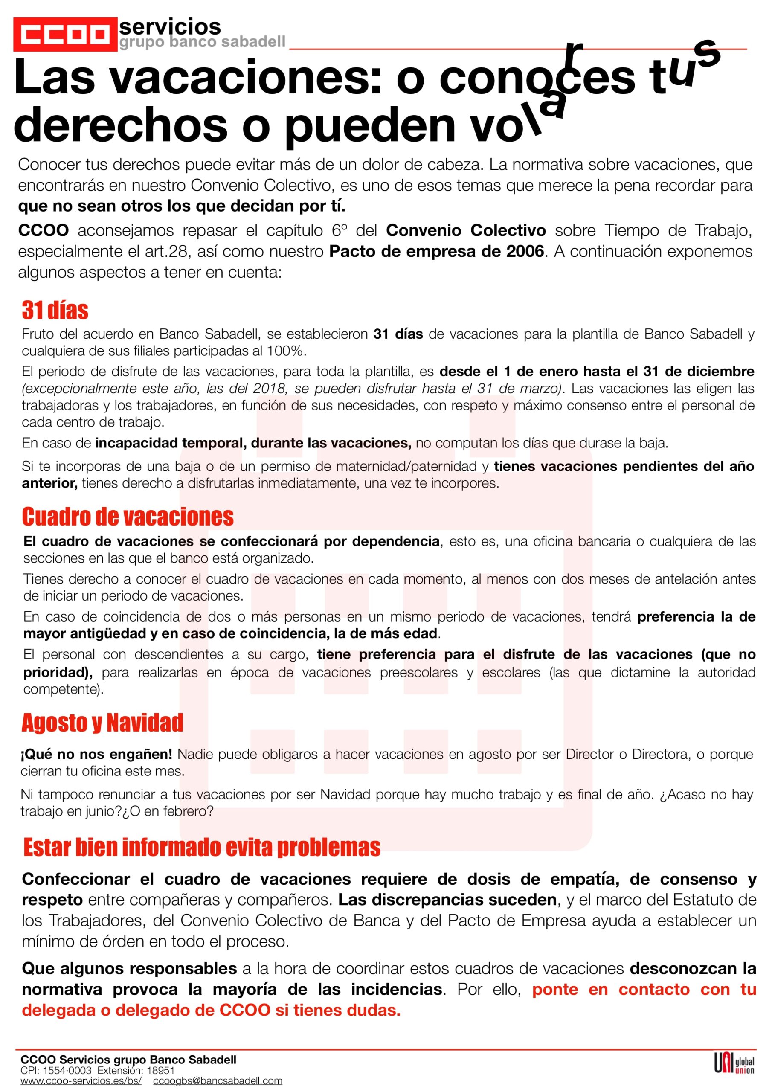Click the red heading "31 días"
55,310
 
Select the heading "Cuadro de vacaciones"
128,517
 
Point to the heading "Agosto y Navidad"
102,723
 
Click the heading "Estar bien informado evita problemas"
202,848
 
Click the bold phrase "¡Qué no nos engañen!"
96,754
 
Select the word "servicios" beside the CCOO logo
170,26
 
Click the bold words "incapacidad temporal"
170,443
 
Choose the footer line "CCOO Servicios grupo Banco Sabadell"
128,1060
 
